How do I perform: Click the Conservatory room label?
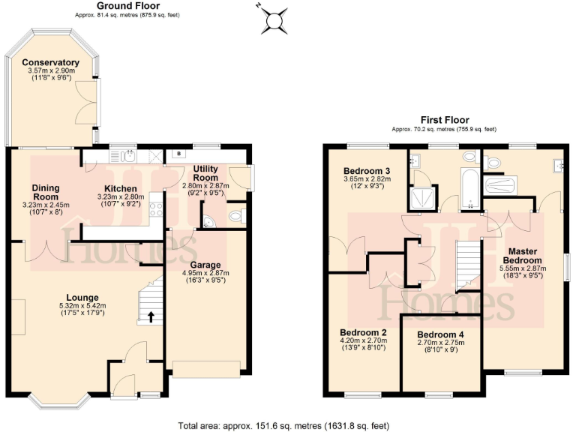pyautogui.click(x=50, y=62)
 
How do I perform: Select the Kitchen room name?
pyautogui.click(x=120, y=188)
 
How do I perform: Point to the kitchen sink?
pyautogui.click(x=129, y=156)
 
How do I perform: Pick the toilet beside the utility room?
pyautogui.click(x=237, y=217)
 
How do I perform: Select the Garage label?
pyautogui.click(x=204, y=264)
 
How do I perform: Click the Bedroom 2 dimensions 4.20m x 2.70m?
pyautogui.click(x=363, y=340)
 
